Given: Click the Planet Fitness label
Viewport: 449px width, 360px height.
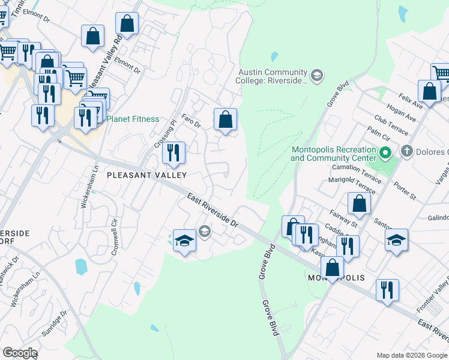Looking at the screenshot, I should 133,119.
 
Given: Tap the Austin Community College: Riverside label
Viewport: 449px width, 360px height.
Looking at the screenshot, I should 273,76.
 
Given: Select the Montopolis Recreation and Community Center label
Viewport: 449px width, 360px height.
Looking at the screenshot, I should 333,154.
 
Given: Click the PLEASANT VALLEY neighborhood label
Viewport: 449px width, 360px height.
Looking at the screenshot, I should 146,175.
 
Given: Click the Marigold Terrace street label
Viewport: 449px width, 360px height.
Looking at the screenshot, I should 351,185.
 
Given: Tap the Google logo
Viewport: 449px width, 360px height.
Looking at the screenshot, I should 20,353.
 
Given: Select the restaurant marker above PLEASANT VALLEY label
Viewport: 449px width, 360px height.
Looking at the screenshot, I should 173,152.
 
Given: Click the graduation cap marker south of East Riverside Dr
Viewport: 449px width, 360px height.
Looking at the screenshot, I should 185,241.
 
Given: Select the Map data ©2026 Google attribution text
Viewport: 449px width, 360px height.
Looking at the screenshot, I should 411,355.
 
